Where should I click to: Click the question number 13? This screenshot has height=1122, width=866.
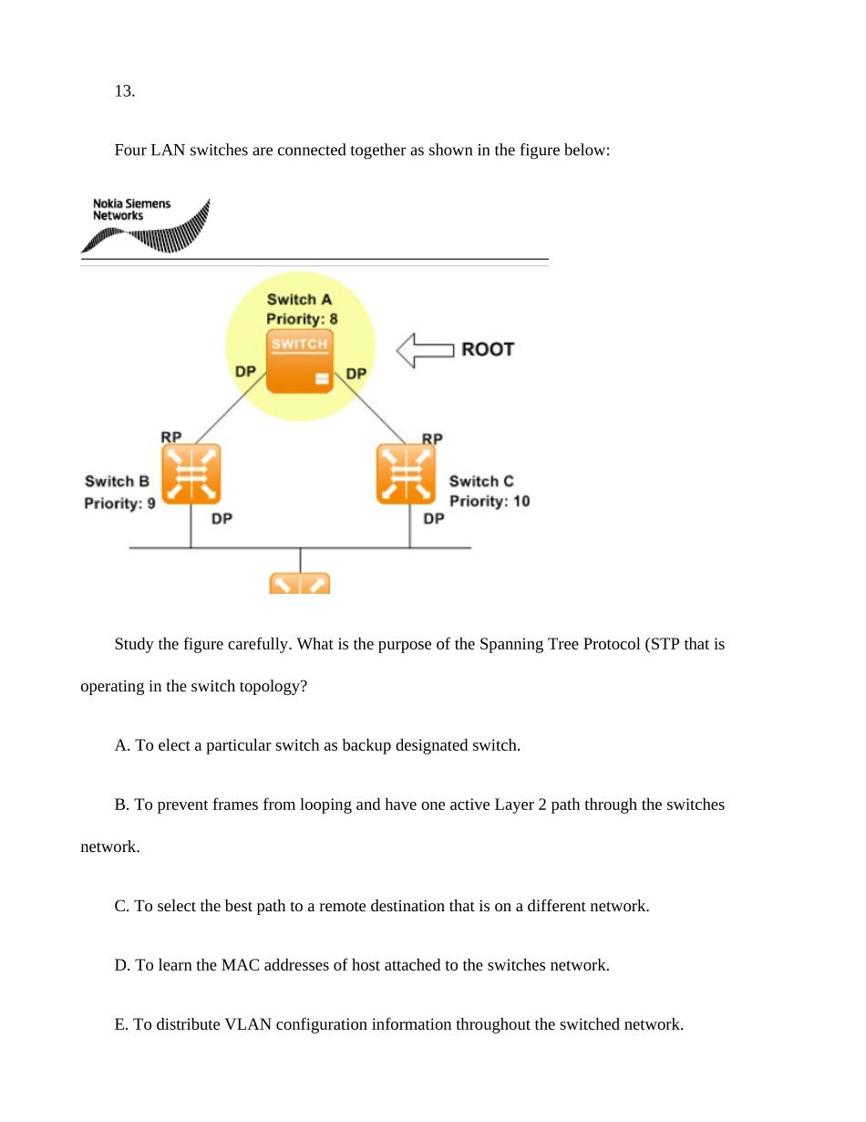[125, 90]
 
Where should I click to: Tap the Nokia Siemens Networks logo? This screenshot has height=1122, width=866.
[146, 225]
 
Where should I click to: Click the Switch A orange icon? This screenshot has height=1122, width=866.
[300, 362]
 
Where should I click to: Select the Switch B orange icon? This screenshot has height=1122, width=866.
[191, 473]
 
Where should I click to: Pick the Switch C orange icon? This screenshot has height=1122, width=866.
[407, 473]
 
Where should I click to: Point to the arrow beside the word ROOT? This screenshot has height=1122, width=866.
[425, 350]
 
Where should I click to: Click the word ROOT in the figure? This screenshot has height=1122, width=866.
[488, 349]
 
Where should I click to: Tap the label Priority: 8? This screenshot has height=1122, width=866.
[302, 319]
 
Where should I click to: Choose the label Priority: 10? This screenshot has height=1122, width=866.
[489, 501]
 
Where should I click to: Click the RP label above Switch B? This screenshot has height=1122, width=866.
[170, 438]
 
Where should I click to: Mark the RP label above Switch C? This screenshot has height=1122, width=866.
[432, 439]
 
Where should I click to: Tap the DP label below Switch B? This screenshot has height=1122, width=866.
[222, 519]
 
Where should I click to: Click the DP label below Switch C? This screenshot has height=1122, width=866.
[434, 519]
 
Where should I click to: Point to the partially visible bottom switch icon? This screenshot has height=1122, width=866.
[300, 584]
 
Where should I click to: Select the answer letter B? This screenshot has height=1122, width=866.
[120, 805]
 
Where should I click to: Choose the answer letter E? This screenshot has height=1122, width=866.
[120, 1024]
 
